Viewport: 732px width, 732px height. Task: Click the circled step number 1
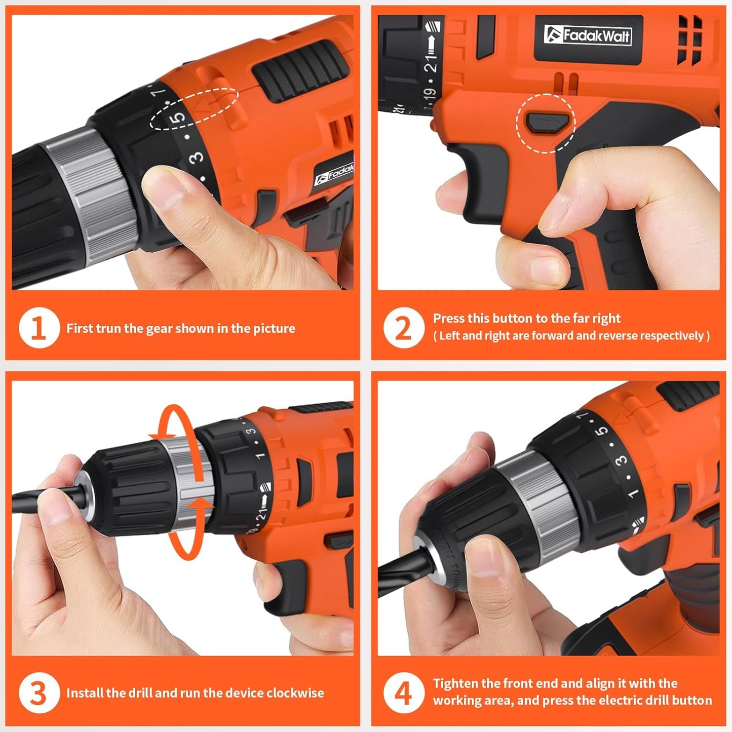39,328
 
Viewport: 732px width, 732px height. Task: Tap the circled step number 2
403,328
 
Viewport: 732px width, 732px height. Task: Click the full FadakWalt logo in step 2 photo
588,35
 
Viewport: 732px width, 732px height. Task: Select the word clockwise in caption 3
295,693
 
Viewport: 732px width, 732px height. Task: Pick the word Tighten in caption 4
455,683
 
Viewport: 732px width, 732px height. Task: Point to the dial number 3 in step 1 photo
197,158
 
